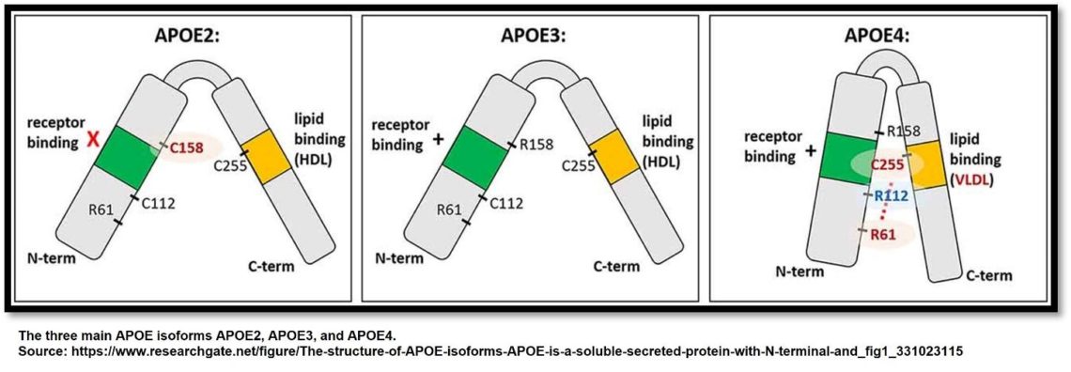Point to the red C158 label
(x=190, y=147)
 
